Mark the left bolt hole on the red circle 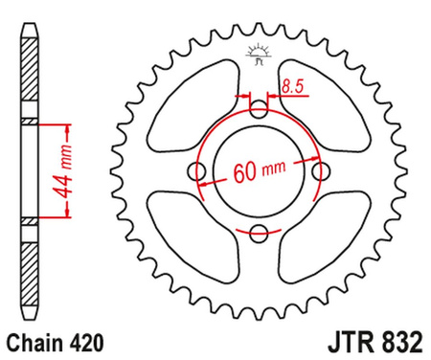click(199, 171)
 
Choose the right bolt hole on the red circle click(318, 171)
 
